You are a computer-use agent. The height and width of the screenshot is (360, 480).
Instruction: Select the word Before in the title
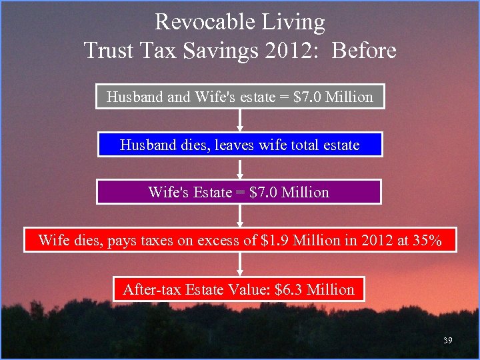(x=364, y=51)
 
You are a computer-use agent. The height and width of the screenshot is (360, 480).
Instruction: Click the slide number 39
(x=447, y=341)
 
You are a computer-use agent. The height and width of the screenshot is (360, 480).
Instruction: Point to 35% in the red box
(x=427, y=241)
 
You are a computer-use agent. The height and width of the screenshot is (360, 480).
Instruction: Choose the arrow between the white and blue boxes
(x=240, y=121)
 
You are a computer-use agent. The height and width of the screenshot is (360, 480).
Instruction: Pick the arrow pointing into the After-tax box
(x=240, y=265)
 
